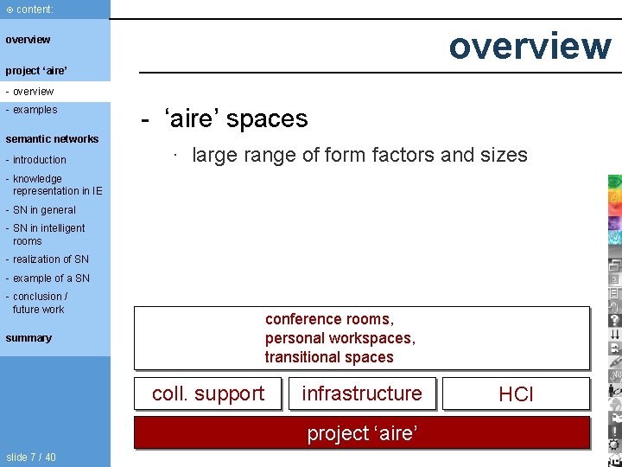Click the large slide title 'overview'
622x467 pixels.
click(529, 46)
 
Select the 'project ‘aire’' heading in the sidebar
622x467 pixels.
click(36, 70)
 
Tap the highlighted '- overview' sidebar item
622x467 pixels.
click(30, 92)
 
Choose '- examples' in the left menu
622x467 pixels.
click(32, 110)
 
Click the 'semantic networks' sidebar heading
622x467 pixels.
click(52, 138)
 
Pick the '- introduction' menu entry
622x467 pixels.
click(36, 160)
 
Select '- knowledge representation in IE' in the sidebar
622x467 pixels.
click(54, 185)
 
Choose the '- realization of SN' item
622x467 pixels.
click(48, 259)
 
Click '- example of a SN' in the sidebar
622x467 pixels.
click(48, 278)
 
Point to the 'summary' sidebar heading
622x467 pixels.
click(29, 338)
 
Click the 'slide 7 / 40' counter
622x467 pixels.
click(31, 457)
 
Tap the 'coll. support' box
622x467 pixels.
click(208, 393)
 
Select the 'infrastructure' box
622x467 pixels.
click(362, 393)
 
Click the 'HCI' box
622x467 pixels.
click(516, 394)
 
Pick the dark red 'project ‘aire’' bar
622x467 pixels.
click(362, 432)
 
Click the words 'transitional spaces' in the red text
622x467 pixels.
click(329, 357)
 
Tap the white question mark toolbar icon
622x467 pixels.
click(614, 320)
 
